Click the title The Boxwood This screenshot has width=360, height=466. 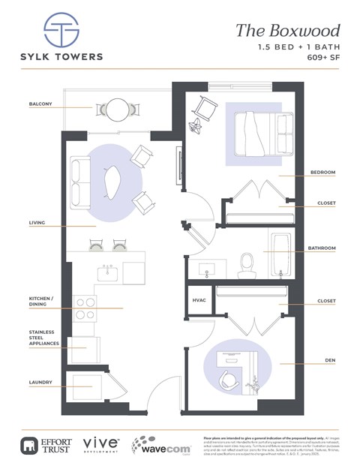[x=287, y=30]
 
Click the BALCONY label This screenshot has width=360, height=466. [x=40, y=104]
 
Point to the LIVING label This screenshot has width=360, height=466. [x=37, y=224]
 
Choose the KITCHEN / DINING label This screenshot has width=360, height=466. [x=42, y=302]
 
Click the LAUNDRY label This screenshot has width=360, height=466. [x=40, y=382]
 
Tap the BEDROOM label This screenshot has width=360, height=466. [x=322, y=173]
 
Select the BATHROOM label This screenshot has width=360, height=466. [x=321, y=248]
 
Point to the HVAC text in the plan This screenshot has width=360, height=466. [x=199, y=299]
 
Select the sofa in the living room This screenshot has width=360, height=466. [x=79, y=183]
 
